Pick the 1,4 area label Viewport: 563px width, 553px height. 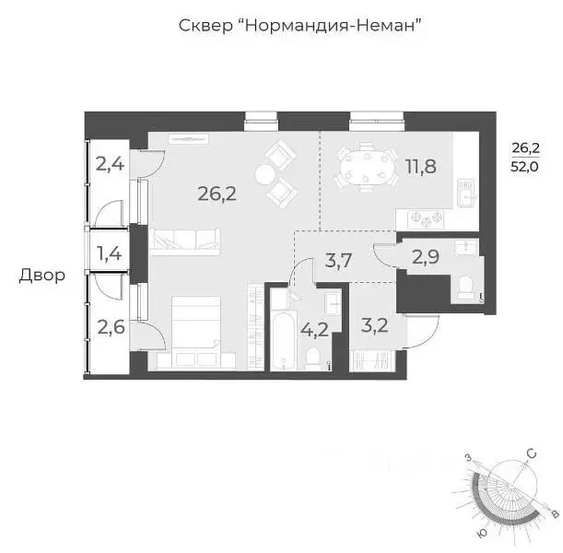(x=108, y=251)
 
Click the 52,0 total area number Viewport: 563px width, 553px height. (x=526, y=167)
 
